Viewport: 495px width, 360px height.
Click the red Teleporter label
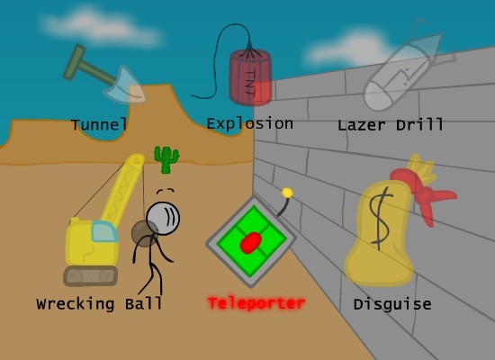pyautogui.click(x=256, y=303)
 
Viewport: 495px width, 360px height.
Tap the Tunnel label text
pyautogui.click(x=99, y=124)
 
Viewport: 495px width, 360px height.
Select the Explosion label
pyautogui.click(x=249, y=123)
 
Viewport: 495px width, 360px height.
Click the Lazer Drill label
pyautogui.click(x=391, y=125)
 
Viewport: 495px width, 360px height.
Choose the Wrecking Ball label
pyautogui.click(x=99, y=304)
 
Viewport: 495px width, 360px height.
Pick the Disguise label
pyautogui.click(x=392, y=304)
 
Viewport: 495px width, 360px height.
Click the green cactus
pyautogui.click(x=166, y=160)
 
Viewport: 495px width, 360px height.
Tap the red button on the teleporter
pyautogui.click(x=251, y=242)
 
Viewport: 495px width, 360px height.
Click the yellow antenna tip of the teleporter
pyautogui.click(x=287, y=193)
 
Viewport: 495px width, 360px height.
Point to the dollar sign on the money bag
pyautogui.click(x=381, y=219)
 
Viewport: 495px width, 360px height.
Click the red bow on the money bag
pyautogui.click(x=423, y=193)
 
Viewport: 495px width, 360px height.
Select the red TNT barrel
pyautogui.click(x=251, y=77)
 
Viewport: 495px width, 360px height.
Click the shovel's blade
pyautogui.click(x=125, y=85)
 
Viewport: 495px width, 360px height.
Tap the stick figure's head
pyautogui.click(x=163, y=219)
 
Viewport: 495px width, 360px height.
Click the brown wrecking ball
pyautogui.click(x=144, y=234)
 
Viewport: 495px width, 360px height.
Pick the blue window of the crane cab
pyautogui.click(x=104, y=231)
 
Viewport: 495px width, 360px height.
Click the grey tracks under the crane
pyautogui.click(x=91, y=276)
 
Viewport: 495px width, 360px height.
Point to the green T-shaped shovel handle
pyautogui.click(x=85, y=67)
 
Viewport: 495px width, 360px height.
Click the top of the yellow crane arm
pyautogui.click(x=137, y=159)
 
